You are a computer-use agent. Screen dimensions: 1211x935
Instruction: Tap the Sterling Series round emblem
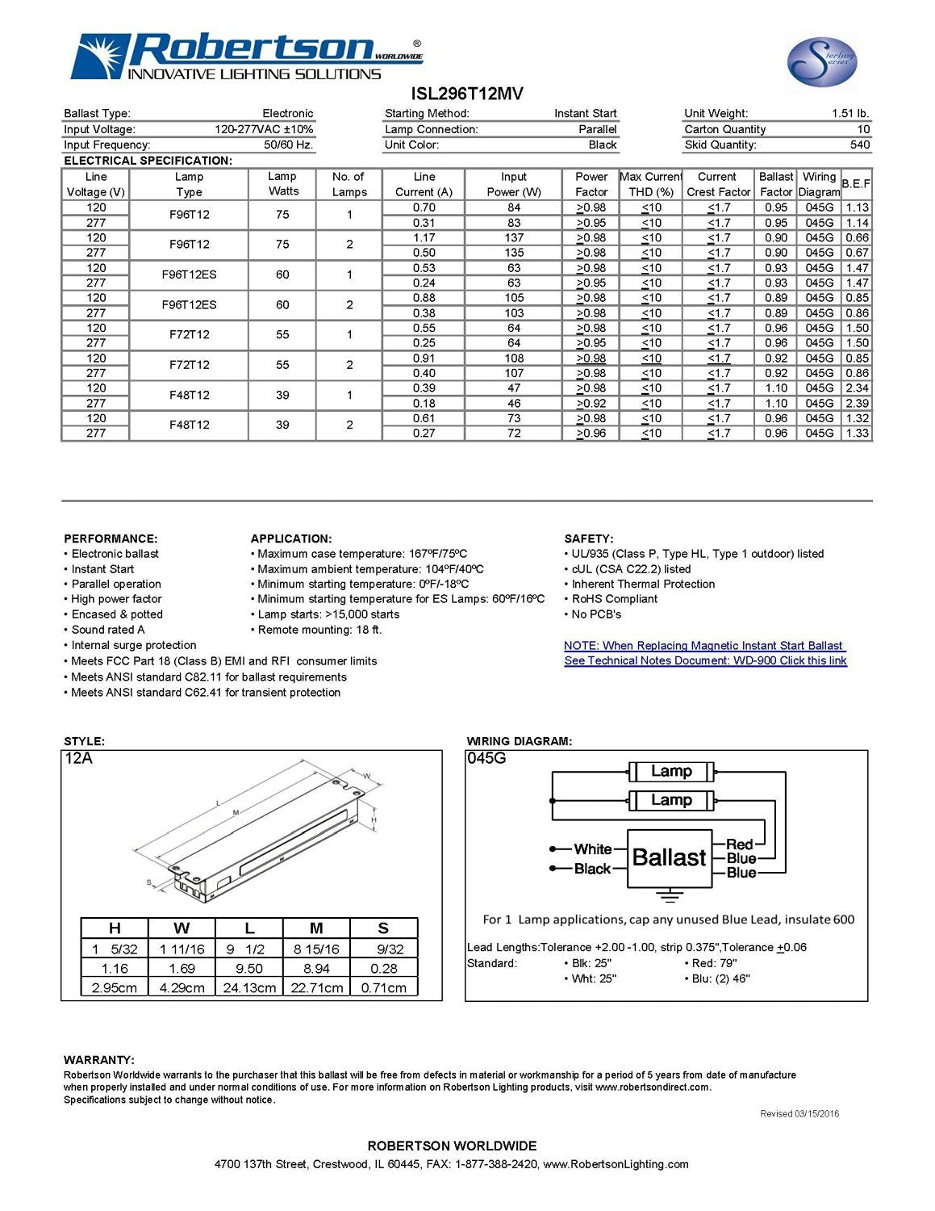(821, 62)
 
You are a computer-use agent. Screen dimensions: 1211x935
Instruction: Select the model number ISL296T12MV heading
(467, 94)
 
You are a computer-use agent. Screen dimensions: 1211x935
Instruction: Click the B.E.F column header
(856, 184)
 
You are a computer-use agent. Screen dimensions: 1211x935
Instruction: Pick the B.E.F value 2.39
(857, 403)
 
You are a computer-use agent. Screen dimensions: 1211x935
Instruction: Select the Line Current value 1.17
(424, 238)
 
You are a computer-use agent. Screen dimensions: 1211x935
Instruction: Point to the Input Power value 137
(514, 238)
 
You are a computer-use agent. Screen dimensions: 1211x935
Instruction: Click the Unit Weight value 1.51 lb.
(849, 114)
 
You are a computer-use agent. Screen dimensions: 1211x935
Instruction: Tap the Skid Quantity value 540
(859, 145)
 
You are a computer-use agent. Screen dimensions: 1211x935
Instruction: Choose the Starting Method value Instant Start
(585, 114)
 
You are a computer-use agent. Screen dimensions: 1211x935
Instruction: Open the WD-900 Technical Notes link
(705, 660)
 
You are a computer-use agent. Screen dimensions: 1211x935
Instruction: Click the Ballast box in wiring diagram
(669, 857)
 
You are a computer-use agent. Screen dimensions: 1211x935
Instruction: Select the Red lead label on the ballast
(739, 844)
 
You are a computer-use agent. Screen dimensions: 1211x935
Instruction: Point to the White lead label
(592, 849)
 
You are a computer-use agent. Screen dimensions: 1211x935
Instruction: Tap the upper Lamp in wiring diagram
(671, 771)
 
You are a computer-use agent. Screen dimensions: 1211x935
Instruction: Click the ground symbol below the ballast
(668, 895)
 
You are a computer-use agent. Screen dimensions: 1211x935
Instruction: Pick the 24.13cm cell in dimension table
(249, 987)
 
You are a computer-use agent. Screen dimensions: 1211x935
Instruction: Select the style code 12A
(79, 758)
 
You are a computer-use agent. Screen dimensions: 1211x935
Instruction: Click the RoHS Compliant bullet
(614, 599)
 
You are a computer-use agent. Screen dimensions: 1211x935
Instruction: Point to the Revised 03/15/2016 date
(799, 1113)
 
